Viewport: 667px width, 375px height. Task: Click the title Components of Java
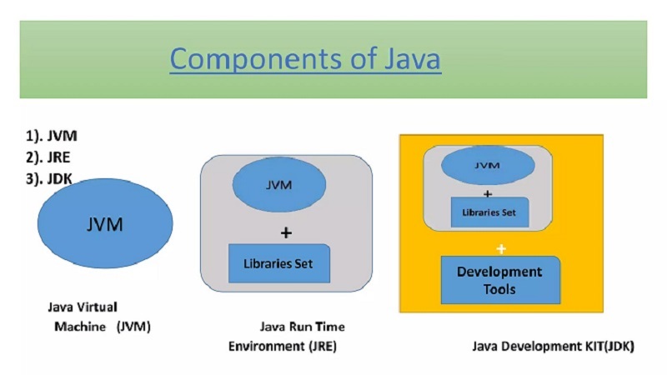(x=305, y=60)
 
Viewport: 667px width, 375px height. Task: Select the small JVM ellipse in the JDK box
(x=488, y=166)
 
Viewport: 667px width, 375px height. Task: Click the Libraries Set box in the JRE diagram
(x=279, y=263)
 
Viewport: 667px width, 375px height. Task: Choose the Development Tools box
(x=499, y=280)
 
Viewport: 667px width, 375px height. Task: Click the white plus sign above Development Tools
(x=501, y=248)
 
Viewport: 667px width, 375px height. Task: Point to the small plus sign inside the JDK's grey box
(x=488, y=192)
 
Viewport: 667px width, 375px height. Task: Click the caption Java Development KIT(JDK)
(x=553, y=345)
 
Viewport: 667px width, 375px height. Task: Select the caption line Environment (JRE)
(x=283, y=344)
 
